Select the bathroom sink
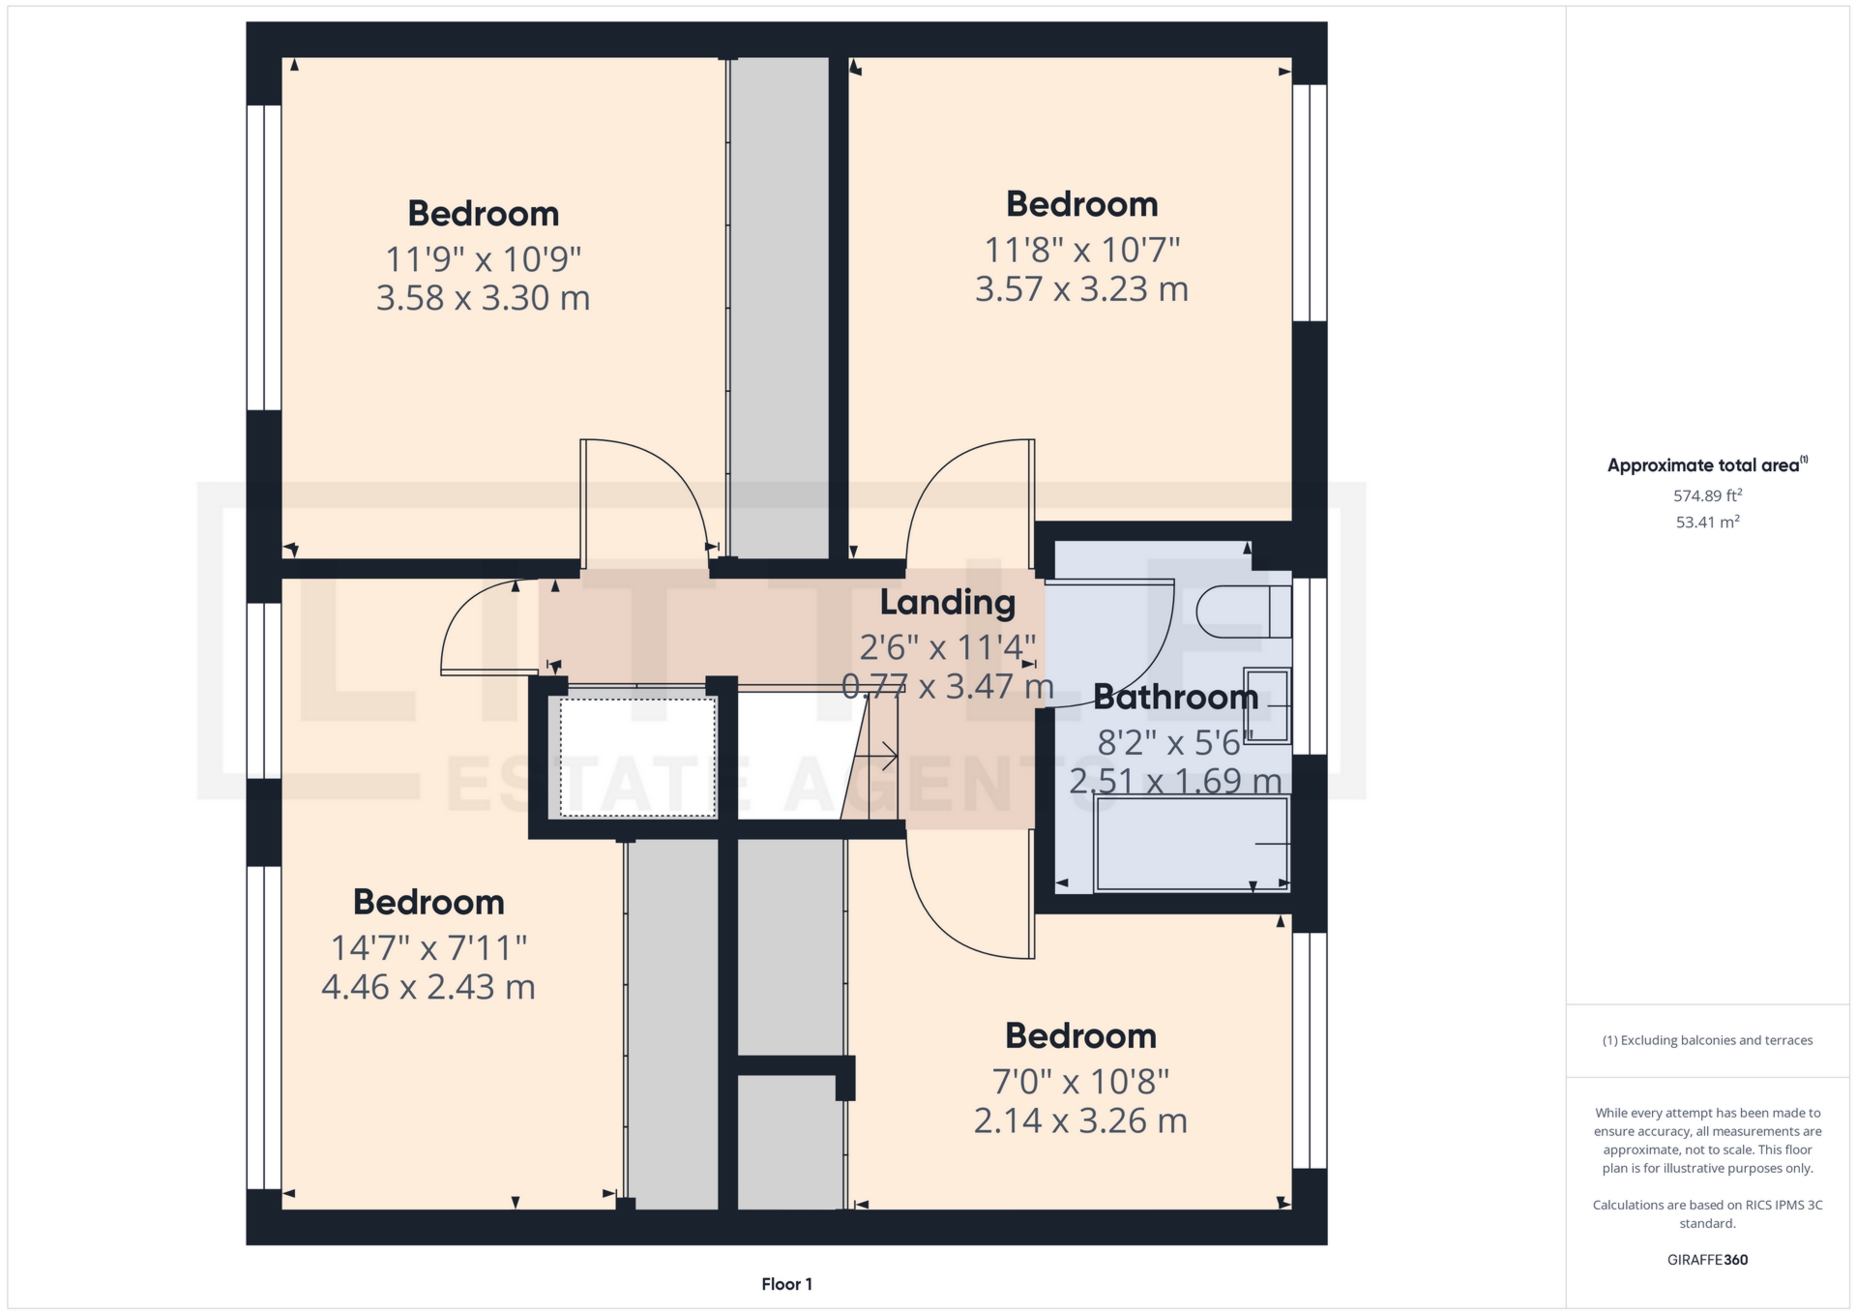[1267, 705]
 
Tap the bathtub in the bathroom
[1192, 845]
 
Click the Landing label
[947, 602]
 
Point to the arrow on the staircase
[878, 755]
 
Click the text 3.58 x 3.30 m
[483, 298]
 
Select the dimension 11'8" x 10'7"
[1081, 251]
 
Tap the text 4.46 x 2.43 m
[427, 987]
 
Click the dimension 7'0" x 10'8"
[1080, 1081]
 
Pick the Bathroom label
[1175, 697]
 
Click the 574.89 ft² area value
[1707, 495]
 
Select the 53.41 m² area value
[1707, 523]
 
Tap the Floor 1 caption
[786, 1284]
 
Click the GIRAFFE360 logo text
[1707, 1260]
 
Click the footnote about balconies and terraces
[1707, 1040]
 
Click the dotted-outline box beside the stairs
[637, 757]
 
